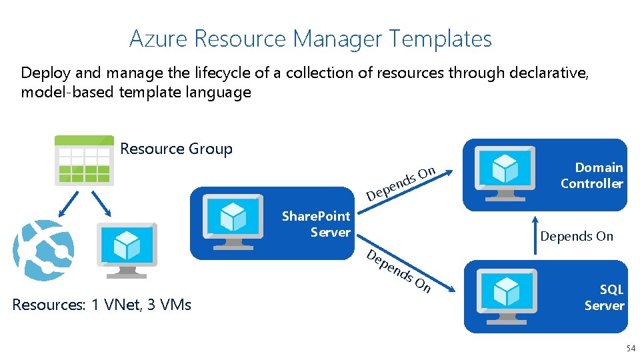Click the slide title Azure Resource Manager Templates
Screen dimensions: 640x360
click(x=311, y=39)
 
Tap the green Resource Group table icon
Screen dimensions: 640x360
click(x=84, y=160)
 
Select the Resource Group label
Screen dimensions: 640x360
click(x=176, y=149)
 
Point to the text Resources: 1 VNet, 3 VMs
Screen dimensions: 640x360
click(x=102, y=305)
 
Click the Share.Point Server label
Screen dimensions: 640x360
click(x=316, y=224)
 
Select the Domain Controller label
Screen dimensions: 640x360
click(x=591, y=175)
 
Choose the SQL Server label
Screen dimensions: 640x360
click(x=604, y=297)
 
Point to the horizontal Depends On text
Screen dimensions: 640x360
click(x=577, y=236)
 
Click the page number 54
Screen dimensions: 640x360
click(x=630, y=349)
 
